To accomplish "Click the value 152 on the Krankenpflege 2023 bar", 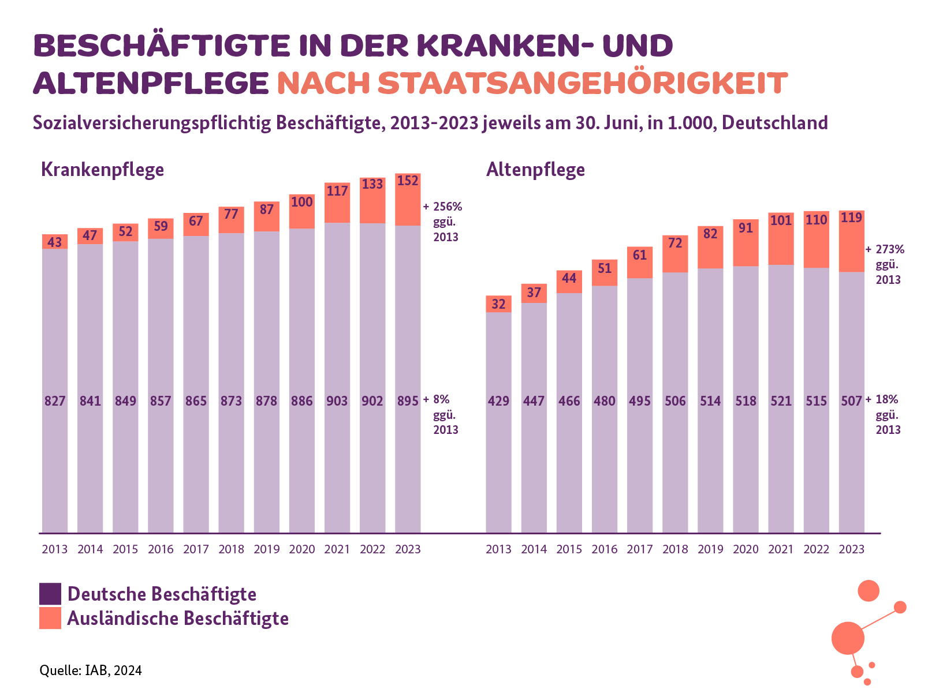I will [408, 181].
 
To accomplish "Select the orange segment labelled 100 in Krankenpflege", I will [302, 211].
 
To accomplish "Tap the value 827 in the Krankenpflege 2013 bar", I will [55, 401].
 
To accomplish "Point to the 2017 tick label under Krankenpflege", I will [196, 549].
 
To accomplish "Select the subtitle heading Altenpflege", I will [535, 170].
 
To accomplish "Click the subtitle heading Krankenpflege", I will [103, 170].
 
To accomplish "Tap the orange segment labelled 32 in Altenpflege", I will [498, 304].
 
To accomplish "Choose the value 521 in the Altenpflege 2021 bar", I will [781, 401].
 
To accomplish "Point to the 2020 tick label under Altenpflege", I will [746, 549].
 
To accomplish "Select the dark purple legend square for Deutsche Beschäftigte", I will [50, 594].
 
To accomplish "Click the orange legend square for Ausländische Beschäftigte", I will [50, 618].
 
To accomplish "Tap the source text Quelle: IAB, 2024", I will [91, 670].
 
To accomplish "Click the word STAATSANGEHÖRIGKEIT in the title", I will [582, 84].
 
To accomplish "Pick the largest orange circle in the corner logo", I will [848, 638].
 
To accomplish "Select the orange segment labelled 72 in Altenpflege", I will [675, 254].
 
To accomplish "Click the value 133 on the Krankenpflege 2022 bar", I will [372, 184].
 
